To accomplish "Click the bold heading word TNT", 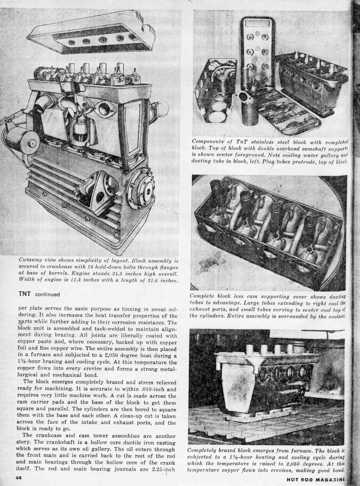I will pos(25,294).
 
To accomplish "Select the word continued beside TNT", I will pos(47,294).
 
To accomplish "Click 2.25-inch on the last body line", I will pos(162,469).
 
